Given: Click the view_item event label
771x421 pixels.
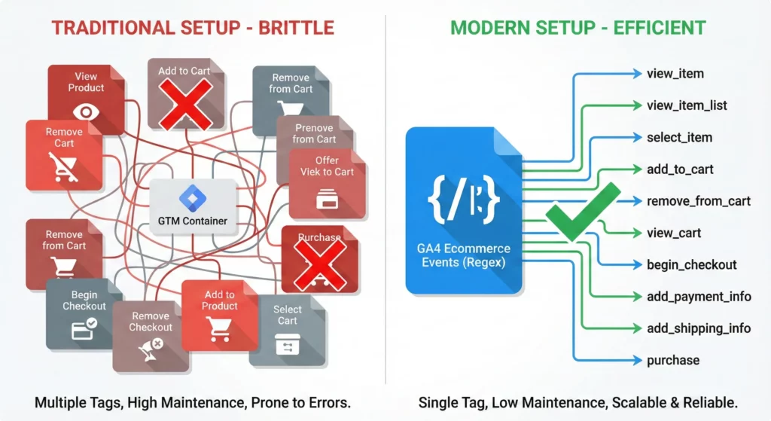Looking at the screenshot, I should coord(675,74).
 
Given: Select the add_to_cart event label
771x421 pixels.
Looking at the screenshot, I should coord(680,169).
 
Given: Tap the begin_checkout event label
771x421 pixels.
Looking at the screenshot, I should coord(691,265).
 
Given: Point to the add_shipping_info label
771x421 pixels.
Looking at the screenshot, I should coord(698,328).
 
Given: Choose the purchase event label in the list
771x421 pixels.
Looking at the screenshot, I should coord(672,361).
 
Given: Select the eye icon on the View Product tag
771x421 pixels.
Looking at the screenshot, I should coord(86,112).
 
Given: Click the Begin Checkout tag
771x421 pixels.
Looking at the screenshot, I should coord(84,313).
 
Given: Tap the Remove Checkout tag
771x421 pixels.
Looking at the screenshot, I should coord(151,335).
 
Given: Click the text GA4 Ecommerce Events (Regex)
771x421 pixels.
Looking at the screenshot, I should coord(463,255).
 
